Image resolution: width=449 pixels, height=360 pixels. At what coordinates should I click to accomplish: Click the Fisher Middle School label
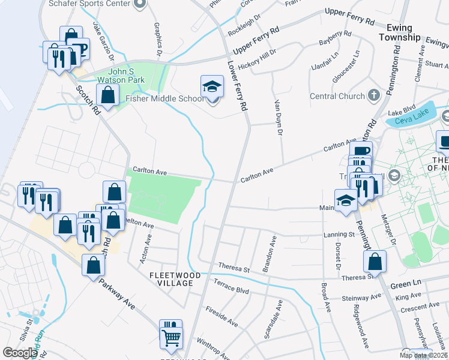[164, 99]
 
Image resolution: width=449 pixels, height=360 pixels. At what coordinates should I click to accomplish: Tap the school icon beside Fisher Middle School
[212, 88]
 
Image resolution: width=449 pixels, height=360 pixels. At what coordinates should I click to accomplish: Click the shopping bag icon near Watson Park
[107, 95]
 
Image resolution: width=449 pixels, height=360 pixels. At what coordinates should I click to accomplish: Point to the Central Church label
[337, 96]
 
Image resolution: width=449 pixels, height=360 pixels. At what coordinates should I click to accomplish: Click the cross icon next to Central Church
[373, 95]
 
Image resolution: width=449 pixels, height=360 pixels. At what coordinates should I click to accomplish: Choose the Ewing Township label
[400, 32]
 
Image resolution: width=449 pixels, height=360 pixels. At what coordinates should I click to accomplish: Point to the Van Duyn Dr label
[278, 118]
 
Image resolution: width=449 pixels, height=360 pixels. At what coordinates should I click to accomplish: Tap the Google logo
[20, 353]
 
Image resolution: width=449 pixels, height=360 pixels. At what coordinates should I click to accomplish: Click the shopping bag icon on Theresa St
[375, 262]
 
